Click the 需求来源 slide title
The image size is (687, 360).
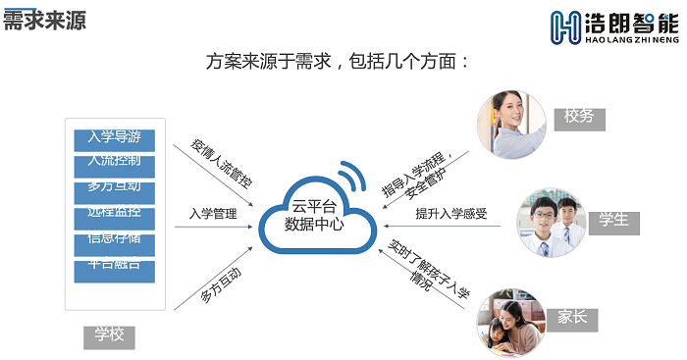(44, 21)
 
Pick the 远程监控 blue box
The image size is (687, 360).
(114, 213)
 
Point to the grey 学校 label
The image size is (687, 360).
(109, 335)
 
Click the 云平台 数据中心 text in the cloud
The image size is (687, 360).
(313, 215)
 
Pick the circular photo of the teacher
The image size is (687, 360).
(511, 126)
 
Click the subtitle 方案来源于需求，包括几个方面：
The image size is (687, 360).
(340, 61)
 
